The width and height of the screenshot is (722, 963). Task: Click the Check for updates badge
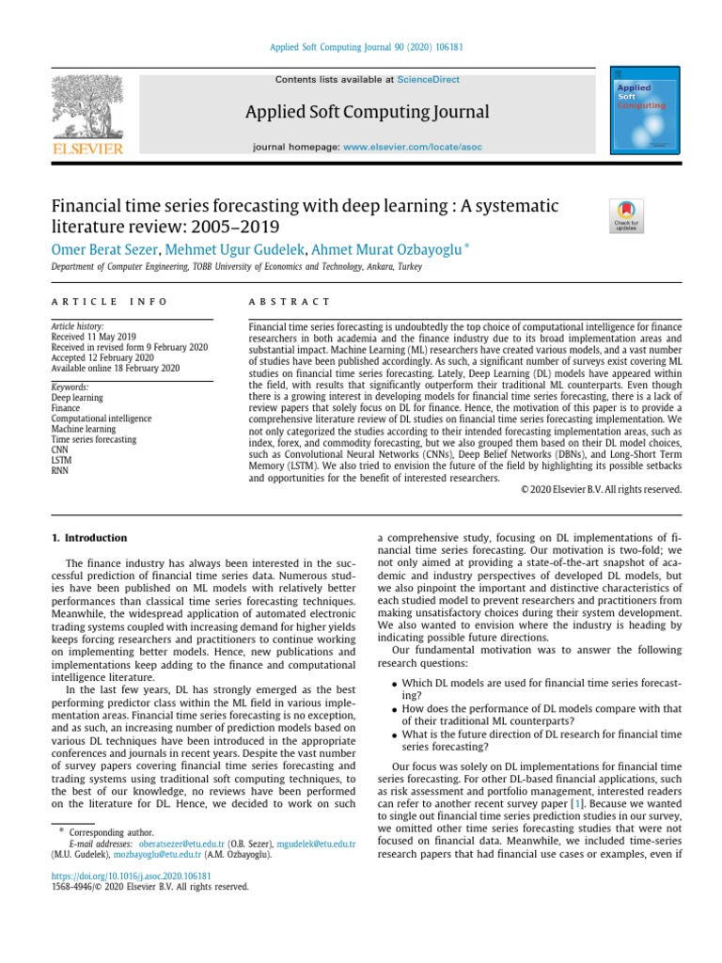(x=626, y=214)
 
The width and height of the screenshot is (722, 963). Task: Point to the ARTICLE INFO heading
(x=108, y=301)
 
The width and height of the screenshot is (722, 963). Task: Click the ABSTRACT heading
(x=289, y=301)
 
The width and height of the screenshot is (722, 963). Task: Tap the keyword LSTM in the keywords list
(x=61, y=460)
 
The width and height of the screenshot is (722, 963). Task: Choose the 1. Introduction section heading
(x=87, y=538)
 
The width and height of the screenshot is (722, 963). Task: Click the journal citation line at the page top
(x=360, y=47)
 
